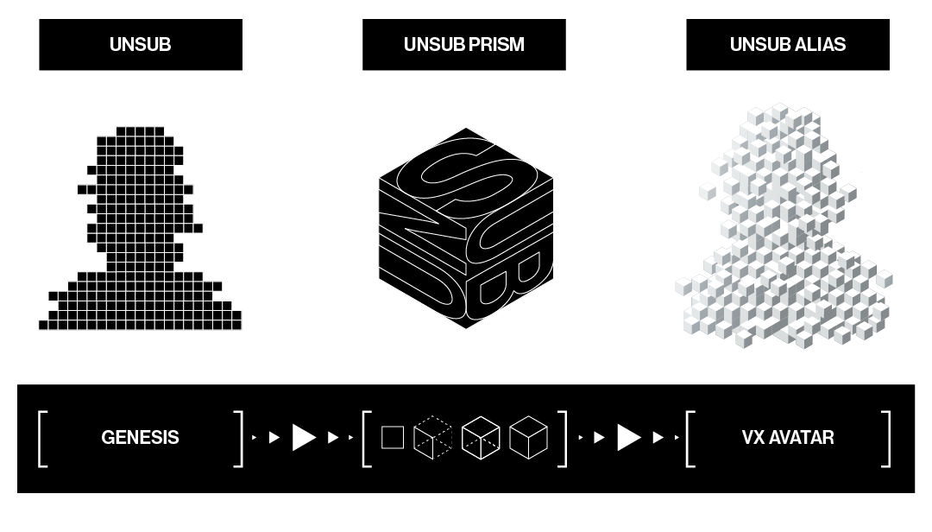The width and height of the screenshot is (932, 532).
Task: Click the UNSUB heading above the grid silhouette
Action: (x=140, y=45)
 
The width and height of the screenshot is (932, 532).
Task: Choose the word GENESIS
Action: (x=140, y=438)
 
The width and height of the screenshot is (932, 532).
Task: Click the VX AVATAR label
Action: (x=787, y=438)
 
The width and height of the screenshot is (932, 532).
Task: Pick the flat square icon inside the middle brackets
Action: (x=393, y=438)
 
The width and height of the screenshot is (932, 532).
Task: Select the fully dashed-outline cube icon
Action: (x=432, y=438)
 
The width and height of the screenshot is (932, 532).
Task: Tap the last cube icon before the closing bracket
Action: (x=528, y=438)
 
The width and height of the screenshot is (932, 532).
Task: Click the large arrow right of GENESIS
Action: (x=304, y=438)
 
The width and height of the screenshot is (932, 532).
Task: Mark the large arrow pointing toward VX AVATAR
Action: (x=629, y=438)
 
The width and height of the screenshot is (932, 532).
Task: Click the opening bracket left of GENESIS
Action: (x=41, y=439)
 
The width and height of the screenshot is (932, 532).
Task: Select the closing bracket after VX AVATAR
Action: (x=885, y=439)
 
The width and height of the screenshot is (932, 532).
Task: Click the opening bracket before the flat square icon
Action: (x=367, y=439)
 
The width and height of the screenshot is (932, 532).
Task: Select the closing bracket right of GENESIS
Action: (x=239, y=439)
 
